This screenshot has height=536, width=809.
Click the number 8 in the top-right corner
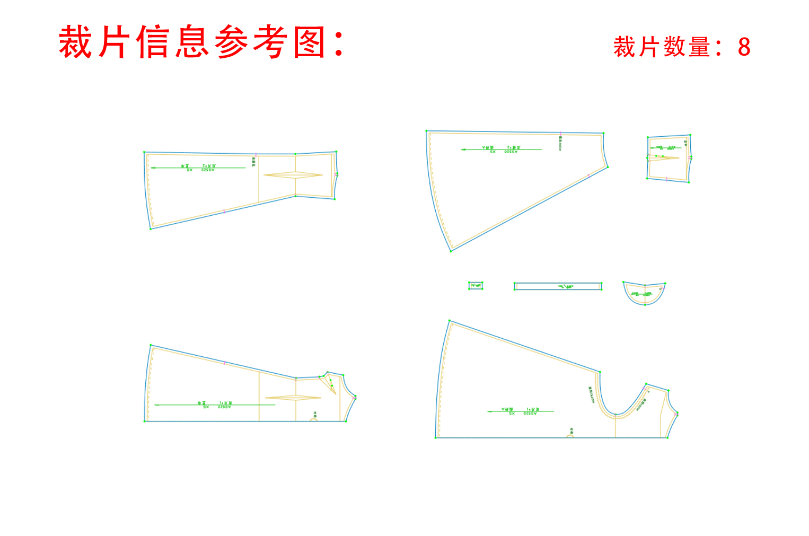point(744,47)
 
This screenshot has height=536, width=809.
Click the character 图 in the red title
point(309,42)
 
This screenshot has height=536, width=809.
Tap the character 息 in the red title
point(192,42)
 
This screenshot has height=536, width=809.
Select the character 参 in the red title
point(231,42)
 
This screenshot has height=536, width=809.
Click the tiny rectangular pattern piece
point(476,286)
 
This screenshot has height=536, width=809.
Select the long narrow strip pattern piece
point(558,286)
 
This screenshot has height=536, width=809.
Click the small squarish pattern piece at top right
point(669,158)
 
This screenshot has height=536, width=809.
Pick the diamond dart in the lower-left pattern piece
point(293,397)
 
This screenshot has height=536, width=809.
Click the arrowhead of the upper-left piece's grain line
point(153,168)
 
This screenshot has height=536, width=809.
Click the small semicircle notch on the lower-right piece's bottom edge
point(570,436)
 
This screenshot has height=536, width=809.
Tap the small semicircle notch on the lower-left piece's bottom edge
point(314,419)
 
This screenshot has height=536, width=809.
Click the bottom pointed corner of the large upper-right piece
point(451,251)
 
